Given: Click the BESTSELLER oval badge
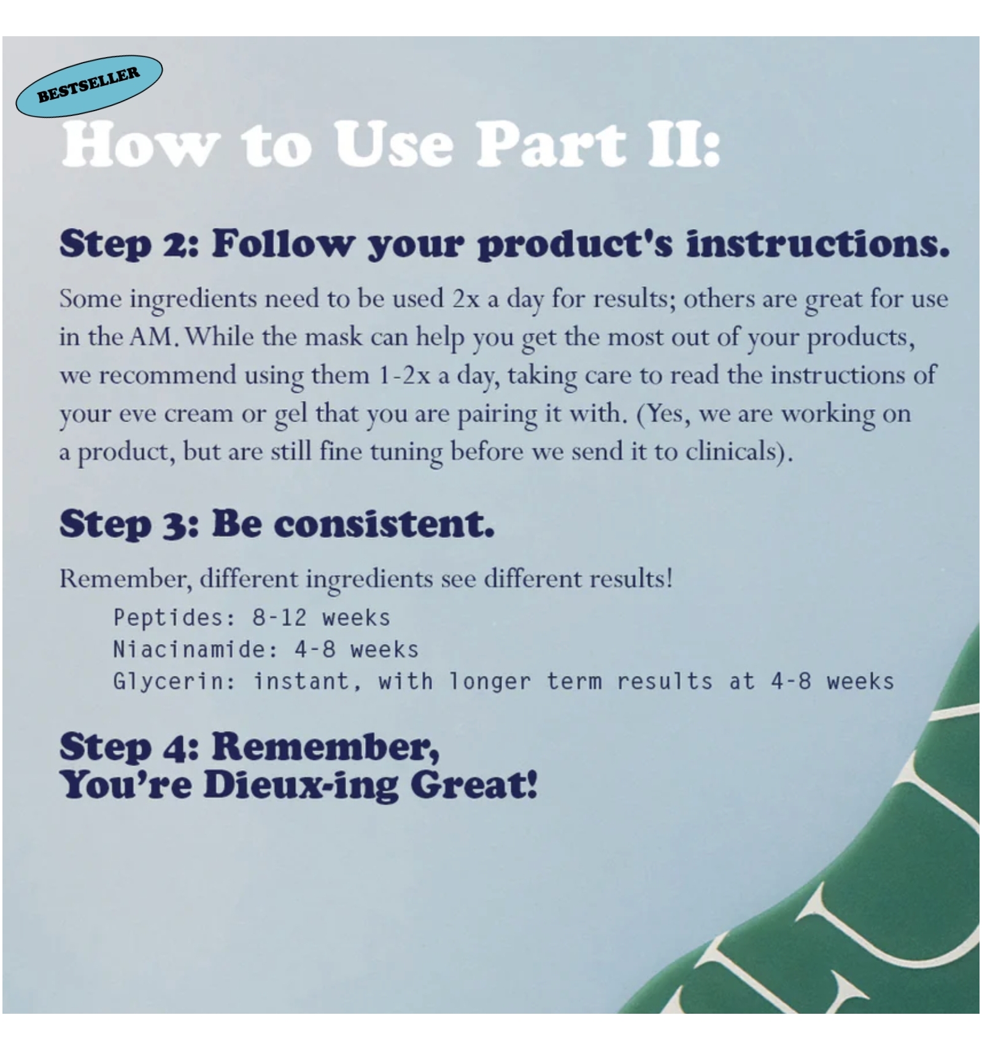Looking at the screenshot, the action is [x=89, y=86].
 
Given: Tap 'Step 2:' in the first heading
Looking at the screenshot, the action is [x=129, y=244].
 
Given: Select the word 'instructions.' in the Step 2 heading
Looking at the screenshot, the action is [x=818, y=243].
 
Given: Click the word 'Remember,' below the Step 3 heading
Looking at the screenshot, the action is [x=126, y=578].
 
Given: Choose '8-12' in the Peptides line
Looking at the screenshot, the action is [x=279, y=618].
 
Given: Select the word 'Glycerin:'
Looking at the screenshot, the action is [x=174, y=682].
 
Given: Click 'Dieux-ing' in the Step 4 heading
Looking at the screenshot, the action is [x=301, y=785].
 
